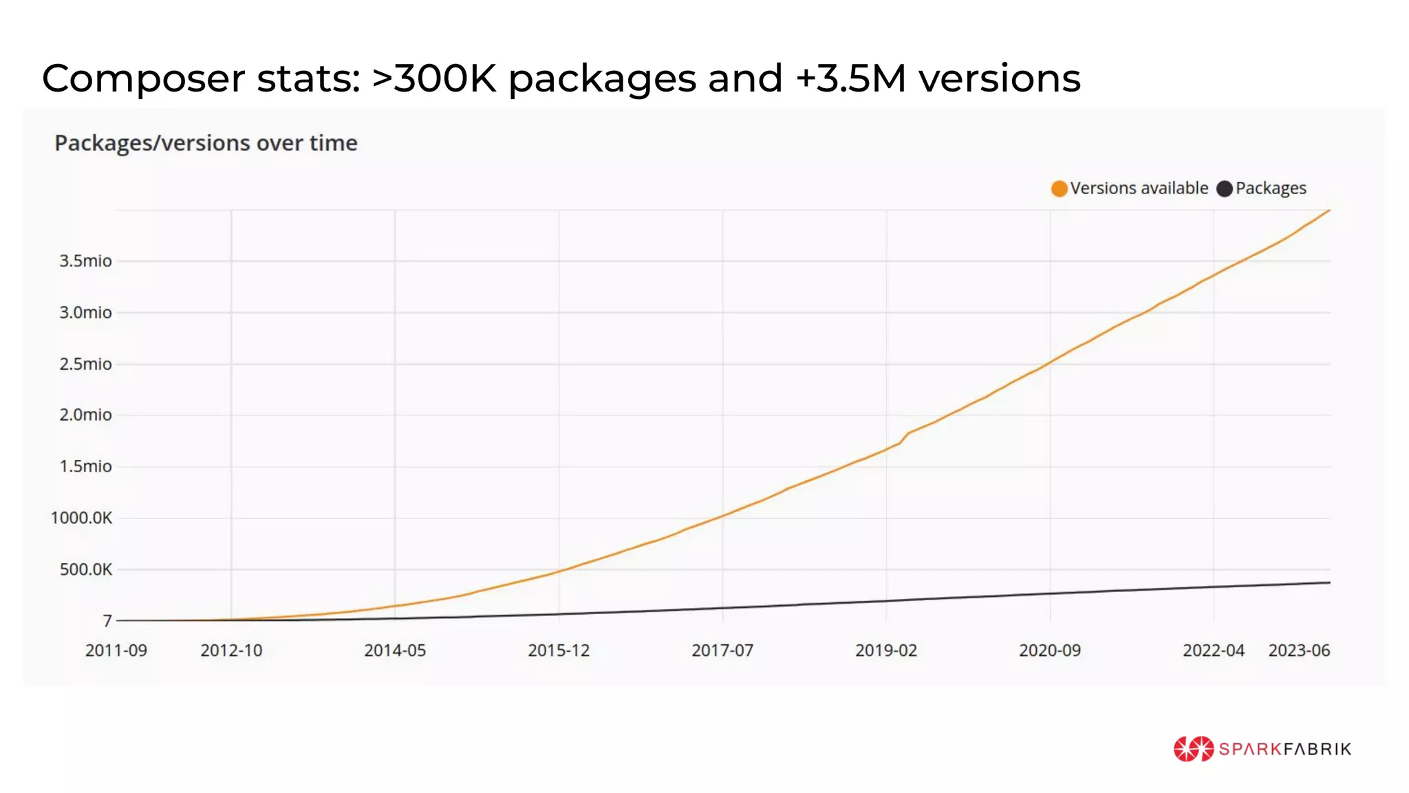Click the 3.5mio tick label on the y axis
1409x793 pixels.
click(85, 261)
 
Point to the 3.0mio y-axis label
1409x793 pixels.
click(85, 313)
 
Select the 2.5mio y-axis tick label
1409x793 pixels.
click(85, 364)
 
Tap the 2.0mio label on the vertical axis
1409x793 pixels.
click(85, 415)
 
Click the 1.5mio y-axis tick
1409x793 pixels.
click(85, 467)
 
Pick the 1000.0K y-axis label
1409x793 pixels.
click(81, 518)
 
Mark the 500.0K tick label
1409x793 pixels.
click(85, 569)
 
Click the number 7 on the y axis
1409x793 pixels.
click(107, 621)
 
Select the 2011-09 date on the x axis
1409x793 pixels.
click(116, 651)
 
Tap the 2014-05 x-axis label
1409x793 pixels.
click(395, 651)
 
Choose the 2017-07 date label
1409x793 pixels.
click(722, 651)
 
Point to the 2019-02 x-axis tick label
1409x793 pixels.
click(886, 651)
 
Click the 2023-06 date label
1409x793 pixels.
click(1299, 651)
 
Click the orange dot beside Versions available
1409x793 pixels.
click(1060, 189)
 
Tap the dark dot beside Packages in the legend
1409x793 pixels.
click(1225, 189)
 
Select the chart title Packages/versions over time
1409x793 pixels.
click(206, 143)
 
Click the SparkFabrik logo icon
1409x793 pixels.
click(1193, 749)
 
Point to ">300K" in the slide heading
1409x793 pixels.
click(433, 78)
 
